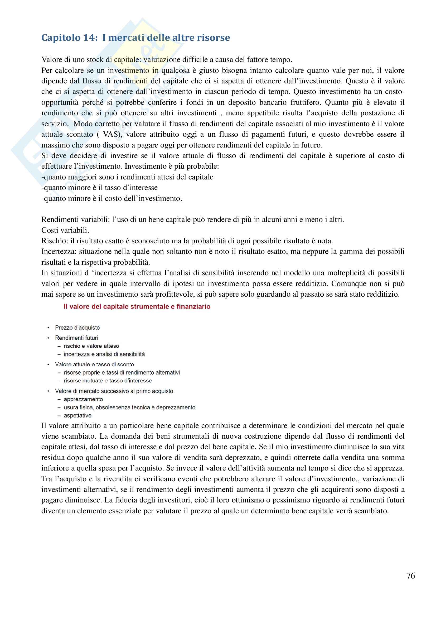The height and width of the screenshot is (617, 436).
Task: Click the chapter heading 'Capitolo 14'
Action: [69, 38]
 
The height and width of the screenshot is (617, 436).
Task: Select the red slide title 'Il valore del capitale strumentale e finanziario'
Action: [137, 306]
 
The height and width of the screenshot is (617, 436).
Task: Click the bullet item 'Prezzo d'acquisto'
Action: [77, 327]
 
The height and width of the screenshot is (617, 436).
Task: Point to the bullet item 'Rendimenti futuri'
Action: [76, 338]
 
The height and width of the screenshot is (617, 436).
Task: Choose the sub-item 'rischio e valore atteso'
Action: [91, 346]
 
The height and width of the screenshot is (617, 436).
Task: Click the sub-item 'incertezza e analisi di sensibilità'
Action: [104, 354]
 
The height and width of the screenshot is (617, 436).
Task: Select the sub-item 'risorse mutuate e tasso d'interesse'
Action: [108, 381]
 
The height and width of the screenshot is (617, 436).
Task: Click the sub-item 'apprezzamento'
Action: [83, 399]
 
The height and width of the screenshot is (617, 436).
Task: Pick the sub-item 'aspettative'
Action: [77, 415]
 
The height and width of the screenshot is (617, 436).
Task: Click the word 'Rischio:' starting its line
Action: [55, 241]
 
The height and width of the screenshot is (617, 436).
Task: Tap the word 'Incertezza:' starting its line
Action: [59, 251]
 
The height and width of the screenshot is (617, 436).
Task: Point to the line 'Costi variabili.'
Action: [65, 230]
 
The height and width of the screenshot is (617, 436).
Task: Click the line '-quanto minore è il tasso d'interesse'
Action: [100, 188]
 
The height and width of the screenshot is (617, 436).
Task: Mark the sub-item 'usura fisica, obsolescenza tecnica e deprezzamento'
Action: [129, 407]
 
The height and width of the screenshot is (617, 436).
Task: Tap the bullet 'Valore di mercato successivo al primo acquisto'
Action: [114, 391]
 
